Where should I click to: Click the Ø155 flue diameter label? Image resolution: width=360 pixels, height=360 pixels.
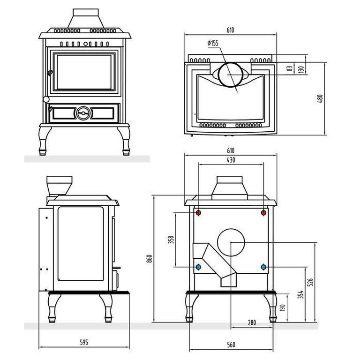point(212,43)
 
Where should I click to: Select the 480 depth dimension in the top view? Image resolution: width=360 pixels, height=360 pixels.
point(321,99)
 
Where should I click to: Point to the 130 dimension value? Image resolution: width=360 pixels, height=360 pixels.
point(301,68)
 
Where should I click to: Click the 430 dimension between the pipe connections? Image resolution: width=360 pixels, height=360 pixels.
point(231,160)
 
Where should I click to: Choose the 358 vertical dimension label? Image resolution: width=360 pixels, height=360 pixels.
point(171,240)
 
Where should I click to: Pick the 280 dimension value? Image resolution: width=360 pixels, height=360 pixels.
point(251,323)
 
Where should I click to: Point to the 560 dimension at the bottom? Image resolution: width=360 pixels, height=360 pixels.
point(231,345)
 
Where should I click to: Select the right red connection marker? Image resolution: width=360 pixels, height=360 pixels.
point(263,213)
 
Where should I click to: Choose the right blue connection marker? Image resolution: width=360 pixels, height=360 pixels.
point(263,267)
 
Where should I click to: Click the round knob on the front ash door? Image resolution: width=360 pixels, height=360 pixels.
point(83,112)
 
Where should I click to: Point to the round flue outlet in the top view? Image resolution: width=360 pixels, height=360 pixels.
point(230,74)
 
